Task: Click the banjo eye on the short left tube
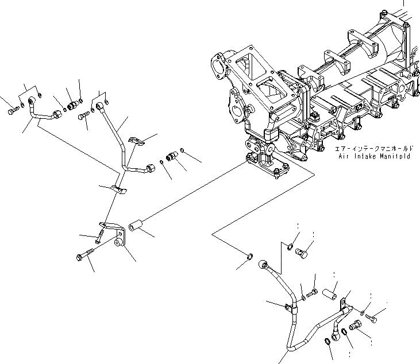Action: [x=32, y=103]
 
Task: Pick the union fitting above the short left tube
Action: [x=73, y=105]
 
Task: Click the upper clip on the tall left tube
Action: [x=134, y=140]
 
